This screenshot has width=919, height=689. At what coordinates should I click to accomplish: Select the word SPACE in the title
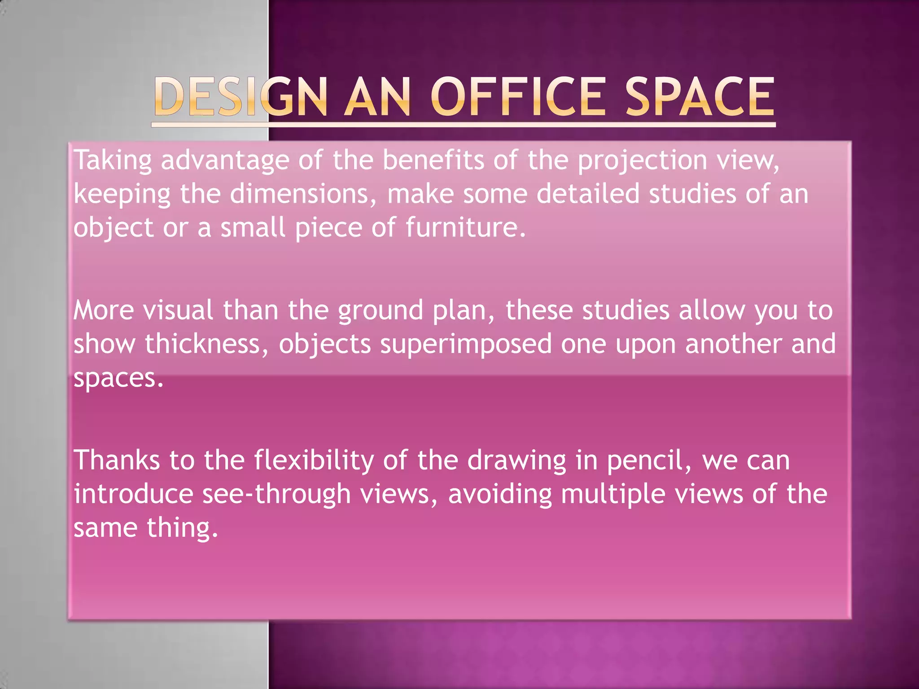click(x=700, y=96)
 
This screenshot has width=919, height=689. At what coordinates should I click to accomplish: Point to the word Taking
click(x=113, y=161)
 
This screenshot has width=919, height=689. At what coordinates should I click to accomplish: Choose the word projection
click(x=642, y=161)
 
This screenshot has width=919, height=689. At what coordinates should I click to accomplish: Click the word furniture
click(x=465, y=227)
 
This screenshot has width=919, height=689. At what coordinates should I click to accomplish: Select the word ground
click(x=381, y=311)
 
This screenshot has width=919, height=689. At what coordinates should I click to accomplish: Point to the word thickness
click(x=206, y=344)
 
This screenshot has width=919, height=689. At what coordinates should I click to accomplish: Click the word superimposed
click(x=466, y=344)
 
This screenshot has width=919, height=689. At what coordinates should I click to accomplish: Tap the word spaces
click(x=118, y=379)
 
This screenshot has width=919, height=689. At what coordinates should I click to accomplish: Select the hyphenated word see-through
click(x=276, y=494)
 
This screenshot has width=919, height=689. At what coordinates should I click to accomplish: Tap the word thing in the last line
click(x=182, y=528)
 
